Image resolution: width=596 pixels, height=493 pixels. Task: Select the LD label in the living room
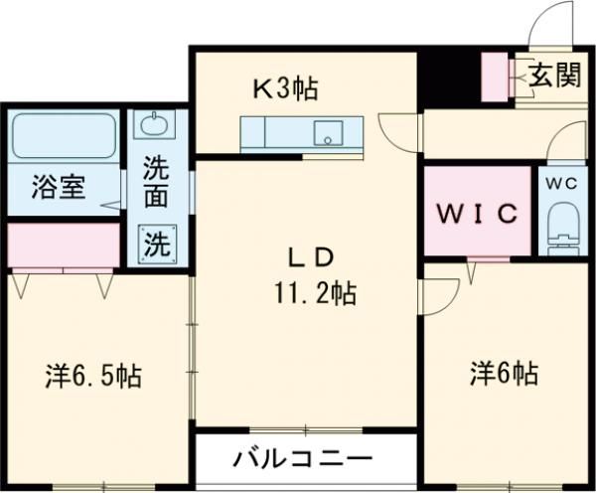pos(309,257)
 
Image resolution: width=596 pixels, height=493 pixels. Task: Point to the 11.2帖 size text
pos(317,293)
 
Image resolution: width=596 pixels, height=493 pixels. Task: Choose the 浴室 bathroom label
pos(56,186)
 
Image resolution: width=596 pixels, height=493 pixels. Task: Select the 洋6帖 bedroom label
pos(504,374)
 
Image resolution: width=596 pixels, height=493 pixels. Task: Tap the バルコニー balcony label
pos(303,459)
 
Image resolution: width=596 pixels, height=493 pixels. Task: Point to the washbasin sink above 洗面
pos(154,126)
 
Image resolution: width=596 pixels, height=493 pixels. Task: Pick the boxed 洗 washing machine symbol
pos(154,243)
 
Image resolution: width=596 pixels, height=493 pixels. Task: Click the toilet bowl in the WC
pos(563,227)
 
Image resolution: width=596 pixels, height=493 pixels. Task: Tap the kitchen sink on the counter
pos(329,132)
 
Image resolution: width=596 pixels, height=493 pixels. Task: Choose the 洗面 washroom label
pos(155,182)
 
